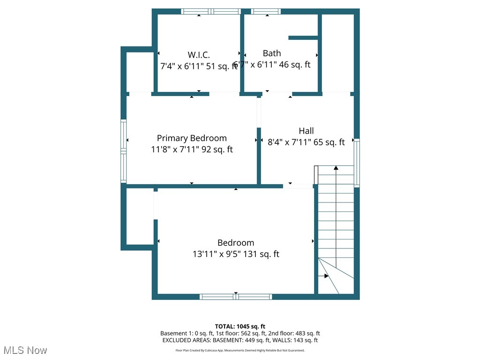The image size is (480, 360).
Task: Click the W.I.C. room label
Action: tap(199, 55)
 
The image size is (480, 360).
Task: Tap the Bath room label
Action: tap(272, 53)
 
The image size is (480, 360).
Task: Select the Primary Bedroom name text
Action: tap(192, 138)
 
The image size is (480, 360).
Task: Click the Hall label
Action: tap(306, 131)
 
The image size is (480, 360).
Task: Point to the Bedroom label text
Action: tap(236, 243)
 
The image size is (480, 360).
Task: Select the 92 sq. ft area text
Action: tap(217, 150)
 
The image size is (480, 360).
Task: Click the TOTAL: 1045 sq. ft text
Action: tap(240, 326)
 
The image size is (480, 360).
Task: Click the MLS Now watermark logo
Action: tap(25, 350)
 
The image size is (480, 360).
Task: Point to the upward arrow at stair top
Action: tap(336, 168)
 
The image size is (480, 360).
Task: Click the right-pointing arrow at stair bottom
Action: tap(325, 276)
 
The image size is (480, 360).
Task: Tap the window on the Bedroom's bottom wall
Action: tap(236, 297)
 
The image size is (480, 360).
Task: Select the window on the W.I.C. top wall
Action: tap(211, 12)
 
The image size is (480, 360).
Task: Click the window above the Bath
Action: tap(266, 12)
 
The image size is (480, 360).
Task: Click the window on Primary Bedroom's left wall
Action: tap(124, 151)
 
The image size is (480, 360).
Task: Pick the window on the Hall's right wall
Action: tap(356, 163)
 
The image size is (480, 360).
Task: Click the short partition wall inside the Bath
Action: tap(303, 37)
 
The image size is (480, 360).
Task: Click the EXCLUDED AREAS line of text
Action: tap(240, 340)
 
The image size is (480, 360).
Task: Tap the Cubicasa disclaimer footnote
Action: tap(240, 350)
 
